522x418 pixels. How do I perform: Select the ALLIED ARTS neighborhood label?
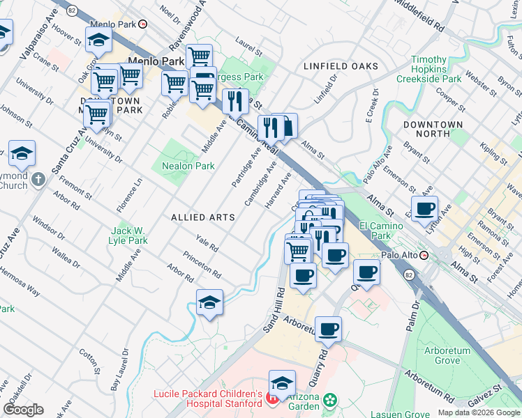202,218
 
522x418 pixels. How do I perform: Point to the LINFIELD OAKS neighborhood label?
341,66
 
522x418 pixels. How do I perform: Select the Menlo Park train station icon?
143,24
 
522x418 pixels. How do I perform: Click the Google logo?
24,410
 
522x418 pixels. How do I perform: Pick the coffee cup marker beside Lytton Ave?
424,208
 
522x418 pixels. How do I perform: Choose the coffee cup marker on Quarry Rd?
328,329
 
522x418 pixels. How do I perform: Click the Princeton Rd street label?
202,264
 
